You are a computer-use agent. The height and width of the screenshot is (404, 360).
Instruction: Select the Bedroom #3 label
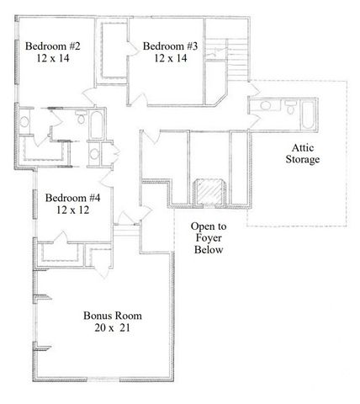click(x=169, y=45)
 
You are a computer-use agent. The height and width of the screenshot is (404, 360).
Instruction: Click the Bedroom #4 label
click(x=73, y=199)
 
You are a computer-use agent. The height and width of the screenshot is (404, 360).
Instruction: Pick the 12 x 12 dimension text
click(x=73, y=212)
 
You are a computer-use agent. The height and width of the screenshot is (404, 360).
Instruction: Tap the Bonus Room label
click(x=112, y=316)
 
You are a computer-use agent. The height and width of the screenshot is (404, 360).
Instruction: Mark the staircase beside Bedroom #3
click(x=238, y=61)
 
